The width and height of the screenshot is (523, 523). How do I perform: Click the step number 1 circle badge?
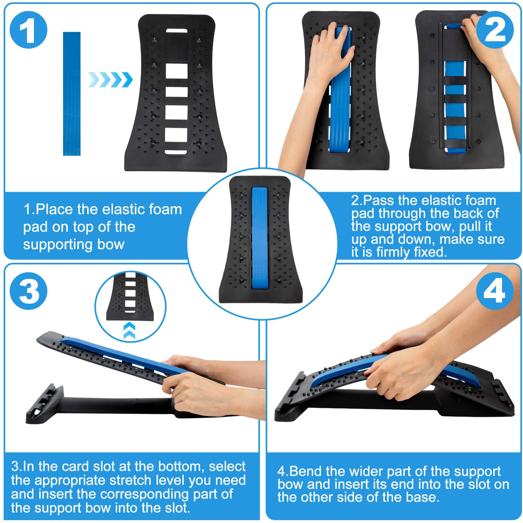tap(29, 30)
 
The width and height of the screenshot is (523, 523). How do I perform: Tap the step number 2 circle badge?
tap(495, 30)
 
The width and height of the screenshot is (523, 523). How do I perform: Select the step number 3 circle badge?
tap(29, 291)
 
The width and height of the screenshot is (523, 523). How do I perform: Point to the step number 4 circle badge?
tap(495, 291)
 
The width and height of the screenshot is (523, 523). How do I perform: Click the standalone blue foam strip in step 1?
tap(72, 93)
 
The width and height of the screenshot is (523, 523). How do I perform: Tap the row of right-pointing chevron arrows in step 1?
tap(110, 80)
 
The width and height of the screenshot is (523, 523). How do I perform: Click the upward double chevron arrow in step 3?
tap(130, 330)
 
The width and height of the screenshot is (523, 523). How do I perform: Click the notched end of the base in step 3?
tap(42, 404)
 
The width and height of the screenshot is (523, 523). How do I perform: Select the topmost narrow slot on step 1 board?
tap(177, 31)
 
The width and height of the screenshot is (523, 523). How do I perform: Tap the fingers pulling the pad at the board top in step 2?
tap(471, 25)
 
